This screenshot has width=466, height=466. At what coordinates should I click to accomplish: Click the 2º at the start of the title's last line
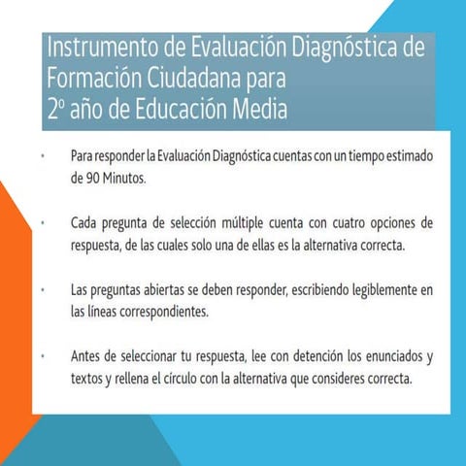tap(55, 109)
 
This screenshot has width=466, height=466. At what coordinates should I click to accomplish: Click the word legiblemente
tap(376, 290)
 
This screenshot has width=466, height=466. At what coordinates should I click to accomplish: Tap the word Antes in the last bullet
tap(87, 357)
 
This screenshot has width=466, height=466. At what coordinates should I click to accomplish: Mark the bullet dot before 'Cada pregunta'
tap(44, 223)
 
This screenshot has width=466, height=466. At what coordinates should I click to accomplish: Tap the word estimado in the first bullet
tap(404, 155)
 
